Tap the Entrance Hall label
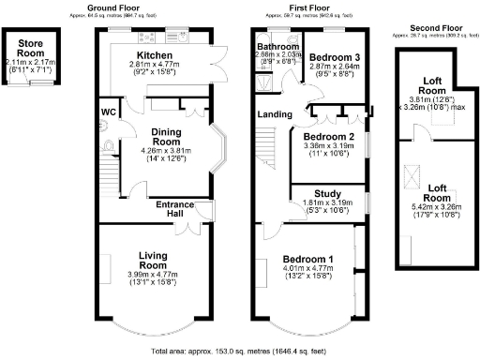pos(173,208)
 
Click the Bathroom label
pos(278,46)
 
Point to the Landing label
pos(273,115)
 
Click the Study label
pos(326,192)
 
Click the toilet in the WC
pos(108,145)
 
